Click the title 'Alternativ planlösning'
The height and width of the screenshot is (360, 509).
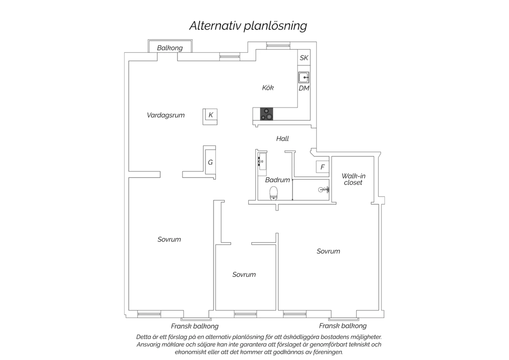tap(248, 26)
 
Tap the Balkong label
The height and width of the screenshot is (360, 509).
tap(170, 48)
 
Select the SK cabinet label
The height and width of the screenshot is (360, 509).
tap(304, 58)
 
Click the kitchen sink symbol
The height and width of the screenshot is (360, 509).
tap(304, 77)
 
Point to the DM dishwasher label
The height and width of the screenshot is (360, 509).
tap(304, 88)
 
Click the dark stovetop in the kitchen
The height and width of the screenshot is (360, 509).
tap(266, 114)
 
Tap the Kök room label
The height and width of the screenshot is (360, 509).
tap(268, 88)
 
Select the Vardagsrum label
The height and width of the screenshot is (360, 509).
tap(166, 115)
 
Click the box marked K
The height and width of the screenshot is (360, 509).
tap(210, 116)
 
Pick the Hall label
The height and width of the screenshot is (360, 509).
tap(282, 139)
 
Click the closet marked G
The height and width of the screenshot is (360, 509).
tap(210, 162)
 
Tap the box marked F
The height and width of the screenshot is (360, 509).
tap(322, 167)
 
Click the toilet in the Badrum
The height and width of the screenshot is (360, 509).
tap(274, 193)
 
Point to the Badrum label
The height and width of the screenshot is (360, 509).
tap(278, 180)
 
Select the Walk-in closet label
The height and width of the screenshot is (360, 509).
tap(353, 179)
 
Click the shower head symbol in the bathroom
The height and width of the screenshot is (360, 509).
tap(324, 190)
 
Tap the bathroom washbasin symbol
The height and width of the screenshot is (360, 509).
tap(262, 161)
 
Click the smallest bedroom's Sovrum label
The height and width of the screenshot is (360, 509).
tap(244, 274)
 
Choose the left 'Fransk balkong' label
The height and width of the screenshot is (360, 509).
tap(195, 326)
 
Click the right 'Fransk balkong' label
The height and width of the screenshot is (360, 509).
tap(343, 326)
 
